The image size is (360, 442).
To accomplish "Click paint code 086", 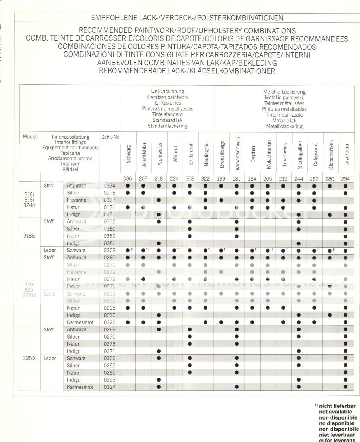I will pos(128,178).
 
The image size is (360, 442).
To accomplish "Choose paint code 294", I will pos(345,178).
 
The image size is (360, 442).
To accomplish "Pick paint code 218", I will pos(159,178).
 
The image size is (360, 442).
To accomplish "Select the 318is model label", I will pos(30,236).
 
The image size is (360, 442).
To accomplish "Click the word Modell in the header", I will pos(30,137).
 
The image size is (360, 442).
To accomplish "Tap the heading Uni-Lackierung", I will pos(167,92).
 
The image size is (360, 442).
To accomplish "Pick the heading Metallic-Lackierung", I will pos(284,92).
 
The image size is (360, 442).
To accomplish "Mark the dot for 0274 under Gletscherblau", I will pos(330,186).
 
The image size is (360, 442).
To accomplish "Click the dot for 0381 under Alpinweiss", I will pos(159,243).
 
